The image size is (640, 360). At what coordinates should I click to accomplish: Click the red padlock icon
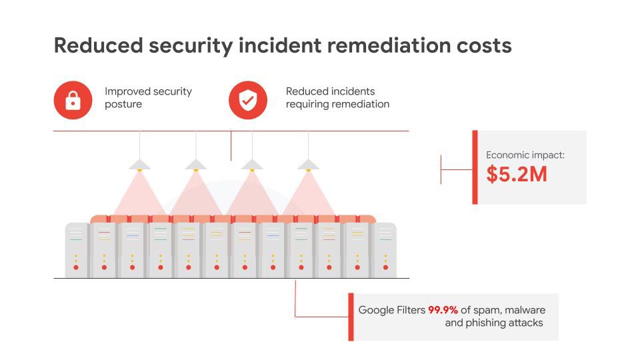click(x=73, y=100)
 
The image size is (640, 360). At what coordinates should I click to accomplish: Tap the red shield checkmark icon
click(x=248, y=100)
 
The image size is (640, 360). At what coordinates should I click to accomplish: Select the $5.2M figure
click(x=516, y=174)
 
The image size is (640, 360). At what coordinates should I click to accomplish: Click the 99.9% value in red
click(x=443, y=310)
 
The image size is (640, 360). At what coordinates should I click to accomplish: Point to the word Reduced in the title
click(x=99, y=45)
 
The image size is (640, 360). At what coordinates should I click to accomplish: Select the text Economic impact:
click(x=525, y=155)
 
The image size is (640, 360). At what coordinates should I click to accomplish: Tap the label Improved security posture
click(x=148, y=97)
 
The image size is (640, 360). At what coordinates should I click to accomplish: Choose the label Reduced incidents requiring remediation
click(x=337, y=97)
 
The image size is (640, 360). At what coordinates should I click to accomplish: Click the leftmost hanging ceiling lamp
click(x=139, y=165)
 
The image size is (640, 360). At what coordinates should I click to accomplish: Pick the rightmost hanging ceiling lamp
click(x=308, y=165)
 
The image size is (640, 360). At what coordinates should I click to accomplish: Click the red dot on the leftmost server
click(x=76, y=267)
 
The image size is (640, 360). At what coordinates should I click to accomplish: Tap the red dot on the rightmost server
click(x=385, y=267)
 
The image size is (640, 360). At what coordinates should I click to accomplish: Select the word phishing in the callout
click(x=486, y=323)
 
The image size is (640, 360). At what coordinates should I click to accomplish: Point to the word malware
click(x=525, y=310)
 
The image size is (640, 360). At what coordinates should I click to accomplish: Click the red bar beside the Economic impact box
click(x=475, y=167)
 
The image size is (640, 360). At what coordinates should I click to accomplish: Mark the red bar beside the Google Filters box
click(x=351, y=317)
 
